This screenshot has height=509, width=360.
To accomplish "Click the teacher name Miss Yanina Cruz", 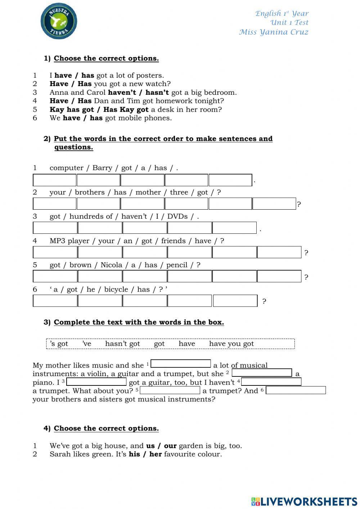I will point(274,32).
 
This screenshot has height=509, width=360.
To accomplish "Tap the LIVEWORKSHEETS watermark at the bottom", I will point(304,501).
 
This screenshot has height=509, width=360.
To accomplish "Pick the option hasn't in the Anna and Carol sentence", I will point(157,92).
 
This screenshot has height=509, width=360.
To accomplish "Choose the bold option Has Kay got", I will point(126,110).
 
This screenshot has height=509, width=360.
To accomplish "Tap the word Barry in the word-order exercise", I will point(102,168).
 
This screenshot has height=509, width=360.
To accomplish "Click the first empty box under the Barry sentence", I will point(55,180).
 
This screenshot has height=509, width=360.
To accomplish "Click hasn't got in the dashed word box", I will point(122,344).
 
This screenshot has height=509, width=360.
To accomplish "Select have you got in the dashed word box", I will point(231,344).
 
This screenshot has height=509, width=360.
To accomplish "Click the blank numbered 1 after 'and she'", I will point(181,364).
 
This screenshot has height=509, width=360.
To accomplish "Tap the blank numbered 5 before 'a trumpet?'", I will point(170,390).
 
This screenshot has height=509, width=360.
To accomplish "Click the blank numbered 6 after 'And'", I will point(296,390).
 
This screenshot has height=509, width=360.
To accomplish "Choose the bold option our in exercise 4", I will point(170,446).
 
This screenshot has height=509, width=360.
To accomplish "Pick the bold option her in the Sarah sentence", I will point(156,454).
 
